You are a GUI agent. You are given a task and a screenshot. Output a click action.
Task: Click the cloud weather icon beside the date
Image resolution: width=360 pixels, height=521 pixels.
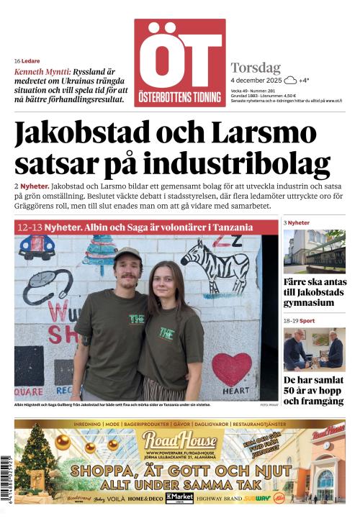tap(290, 81)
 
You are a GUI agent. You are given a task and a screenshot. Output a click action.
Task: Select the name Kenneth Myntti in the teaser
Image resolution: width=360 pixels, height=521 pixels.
tap(42, 73)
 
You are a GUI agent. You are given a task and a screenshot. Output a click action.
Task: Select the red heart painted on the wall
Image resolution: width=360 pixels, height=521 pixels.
tap(231, 367)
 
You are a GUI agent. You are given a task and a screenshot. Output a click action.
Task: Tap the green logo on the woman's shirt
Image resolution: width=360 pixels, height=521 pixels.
tap(167, 333)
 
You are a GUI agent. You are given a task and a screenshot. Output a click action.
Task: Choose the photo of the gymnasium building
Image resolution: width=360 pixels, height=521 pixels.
tap(314, 251)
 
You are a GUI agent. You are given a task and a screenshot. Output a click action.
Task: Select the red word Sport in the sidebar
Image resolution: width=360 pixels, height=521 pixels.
tap(307, 320)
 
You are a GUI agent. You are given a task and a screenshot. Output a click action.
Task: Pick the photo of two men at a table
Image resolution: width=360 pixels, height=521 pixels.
tap(314, 349)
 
